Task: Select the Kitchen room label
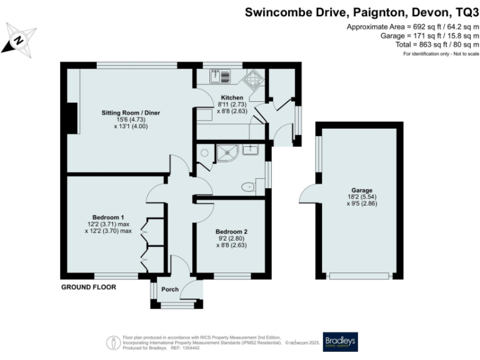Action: point(231,98)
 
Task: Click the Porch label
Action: point(170,289)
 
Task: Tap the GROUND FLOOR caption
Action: point(88,287)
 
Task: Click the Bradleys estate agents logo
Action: point(340,341)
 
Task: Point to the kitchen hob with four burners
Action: point(252,80)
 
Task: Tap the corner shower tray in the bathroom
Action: point(223,152)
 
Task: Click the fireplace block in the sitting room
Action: point(72,118)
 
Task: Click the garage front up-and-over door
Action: point(359,276)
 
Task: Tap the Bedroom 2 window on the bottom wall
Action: point(232,276)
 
